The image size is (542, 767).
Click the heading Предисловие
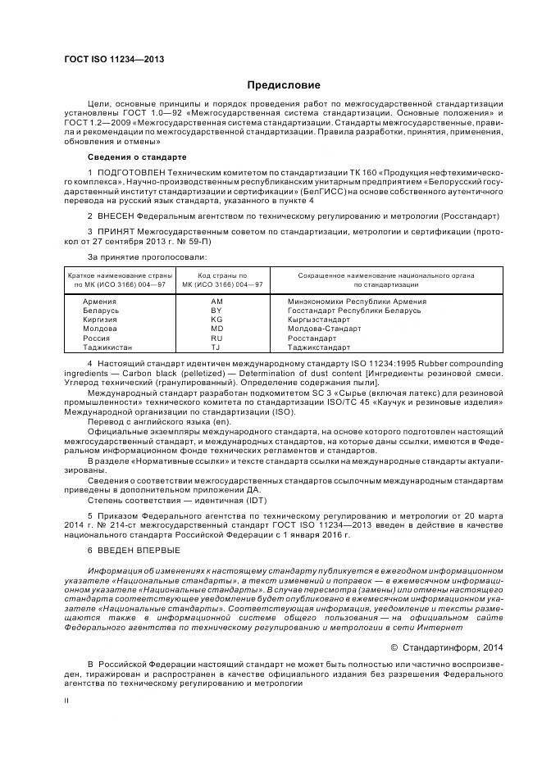click(285, 85)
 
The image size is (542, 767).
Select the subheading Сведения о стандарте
click(137, 157)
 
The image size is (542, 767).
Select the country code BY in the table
click(216, 312)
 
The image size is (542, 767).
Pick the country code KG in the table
click(216, 321)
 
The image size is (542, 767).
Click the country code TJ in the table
click(216, 347)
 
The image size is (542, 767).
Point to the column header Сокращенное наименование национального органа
click(385, 276)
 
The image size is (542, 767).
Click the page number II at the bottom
click(68, 701)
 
